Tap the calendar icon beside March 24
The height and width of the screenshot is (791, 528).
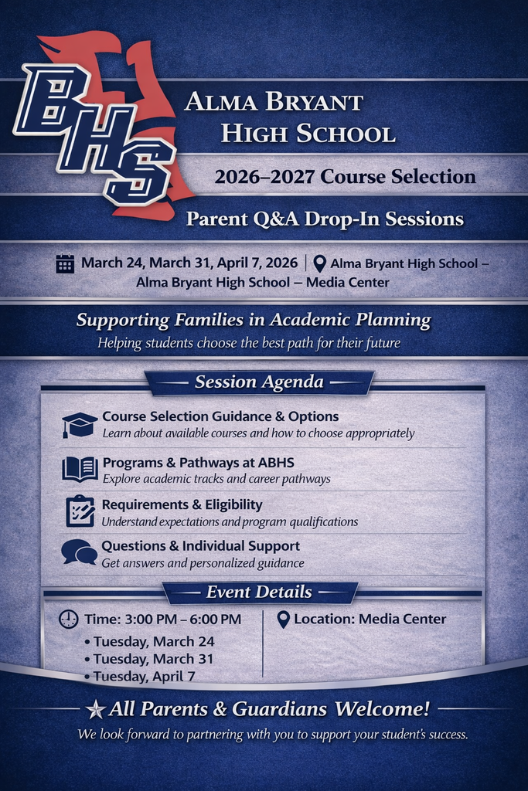pos(65,263)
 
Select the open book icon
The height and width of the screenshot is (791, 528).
pos(80,468)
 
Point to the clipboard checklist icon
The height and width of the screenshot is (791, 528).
pos(80,511)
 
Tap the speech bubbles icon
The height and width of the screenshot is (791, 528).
pos(79,552)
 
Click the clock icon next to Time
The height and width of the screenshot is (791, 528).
pos(69,619)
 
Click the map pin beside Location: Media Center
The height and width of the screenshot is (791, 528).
pos(283,620)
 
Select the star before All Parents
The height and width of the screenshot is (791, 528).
pos(96,708)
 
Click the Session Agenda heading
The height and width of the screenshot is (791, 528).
pos(259,382)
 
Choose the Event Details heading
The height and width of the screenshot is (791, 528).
pos(259,592)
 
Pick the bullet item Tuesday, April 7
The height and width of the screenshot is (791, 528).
pos(145,676)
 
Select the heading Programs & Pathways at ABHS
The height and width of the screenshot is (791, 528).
pos(198,463)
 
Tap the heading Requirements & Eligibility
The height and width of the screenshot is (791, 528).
pos(182,504)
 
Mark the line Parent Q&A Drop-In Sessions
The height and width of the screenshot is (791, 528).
pos(325,219)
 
